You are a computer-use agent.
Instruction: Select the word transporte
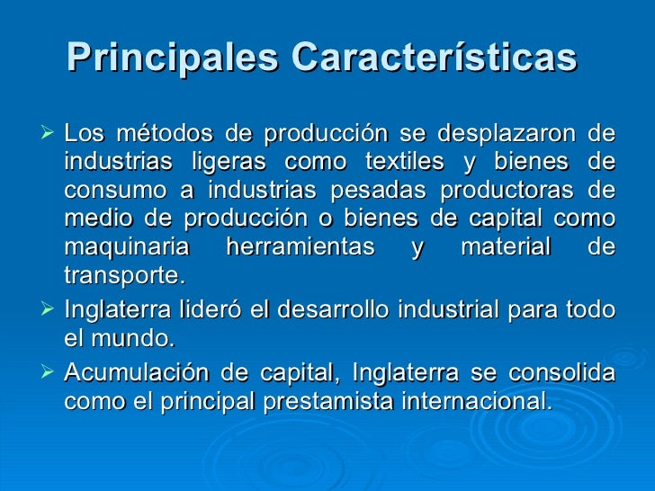point(123,276)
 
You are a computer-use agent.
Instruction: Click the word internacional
point(475,401)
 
